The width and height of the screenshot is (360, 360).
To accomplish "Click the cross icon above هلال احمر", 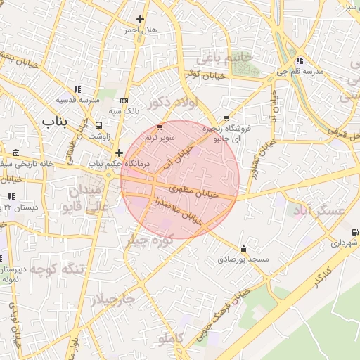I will [141, 20].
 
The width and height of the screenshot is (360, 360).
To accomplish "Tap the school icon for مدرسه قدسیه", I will [77, 89].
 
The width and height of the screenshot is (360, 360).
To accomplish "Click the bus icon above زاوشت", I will [98, 125].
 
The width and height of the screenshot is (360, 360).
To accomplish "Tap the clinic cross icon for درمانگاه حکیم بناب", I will [119, 153].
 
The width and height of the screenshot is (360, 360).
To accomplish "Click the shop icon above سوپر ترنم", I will [160, 127].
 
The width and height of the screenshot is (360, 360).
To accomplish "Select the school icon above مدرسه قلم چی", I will [300, 60].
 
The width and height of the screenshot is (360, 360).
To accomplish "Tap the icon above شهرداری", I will [353, 232].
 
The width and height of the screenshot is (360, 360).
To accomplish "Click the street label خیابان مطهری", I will [194, 189].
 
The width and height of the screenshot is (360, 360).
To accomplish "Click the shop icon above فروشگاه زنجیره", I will [226, 118].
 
